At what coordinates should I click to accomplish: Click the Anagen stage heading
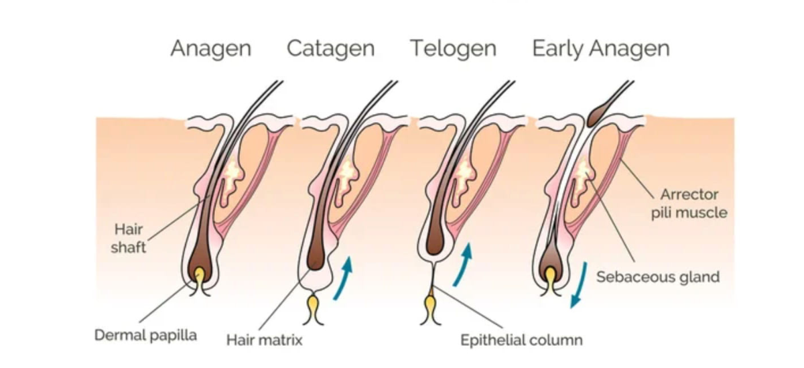click(210, 49)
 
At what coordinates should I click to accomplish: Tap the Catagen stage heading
click(330, 49)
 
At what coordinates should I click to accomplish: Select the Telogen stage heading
click(453, 49)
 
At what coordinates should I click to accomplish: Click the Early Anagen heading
click(600, 49)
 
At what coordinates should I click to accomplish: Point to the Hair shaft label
click(129, 239)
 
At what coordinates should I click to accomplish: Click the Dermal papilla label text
click(145, 334)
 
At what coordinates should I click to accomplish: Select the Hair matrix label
click(264, 340)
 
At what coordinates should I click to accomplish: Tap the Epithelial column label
click(521, 340)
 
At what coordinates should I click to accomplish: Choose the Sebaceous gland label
click(658, 276)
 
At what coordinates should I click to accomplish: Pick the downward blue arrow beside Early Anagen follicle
click(578, 285)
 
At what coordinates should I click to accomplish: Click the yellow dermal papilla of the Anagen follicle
click(199, 276)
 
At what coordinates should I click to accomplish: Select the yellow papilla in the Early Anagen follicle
click(549, 276)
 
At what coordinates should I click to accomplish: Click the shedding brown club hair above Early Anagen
click(596, 115)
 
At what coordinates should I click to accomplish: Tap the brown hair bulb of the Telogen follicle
click(433, 241)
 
